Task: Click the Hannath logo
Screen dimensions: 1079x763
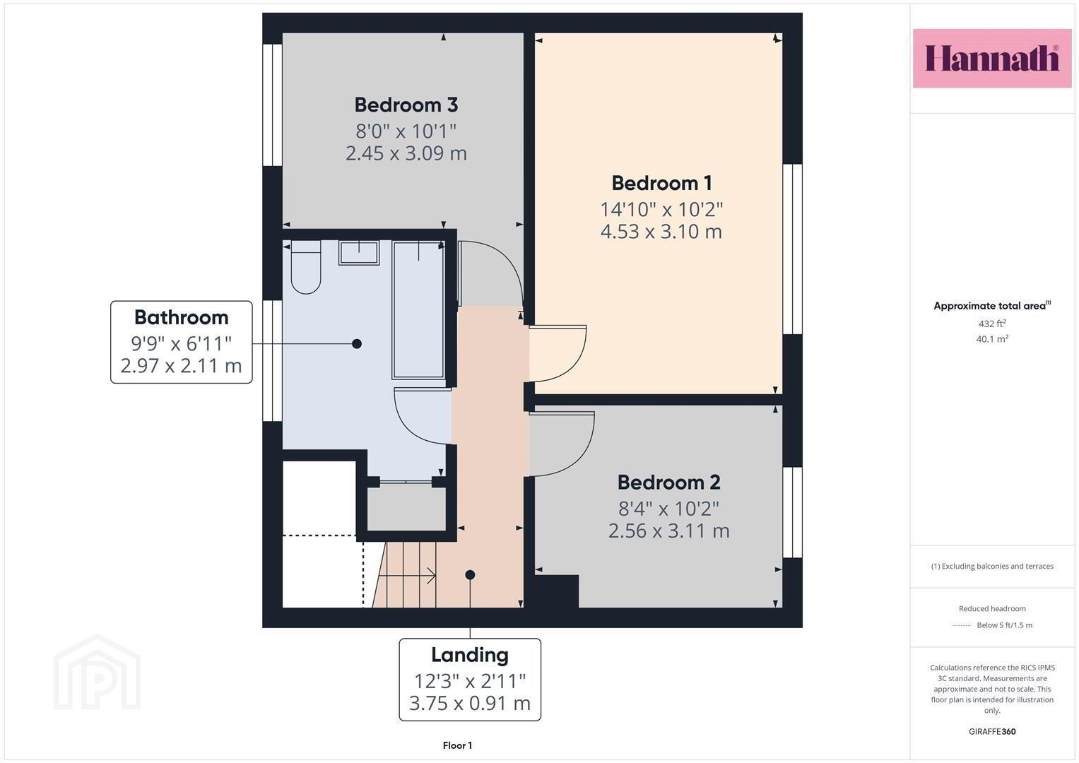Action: coord(992,58)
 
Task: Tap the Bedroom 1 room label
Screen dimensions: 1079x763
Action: coord(661,183)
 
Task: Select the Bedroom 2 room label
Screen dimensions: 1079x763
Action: coord(668,482)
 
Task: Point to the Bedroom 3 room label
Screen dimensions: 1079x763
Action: coord(406,105)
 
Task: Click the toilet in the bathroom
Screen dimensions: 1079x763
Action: coord(306,267)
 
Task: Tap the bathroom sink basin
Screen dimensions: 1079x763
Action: coord(359,252)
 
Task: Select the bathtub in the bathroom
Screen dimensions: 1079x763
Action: coord(418,309)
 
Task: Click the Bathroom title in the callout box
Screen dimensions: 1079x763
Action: coord(181,317)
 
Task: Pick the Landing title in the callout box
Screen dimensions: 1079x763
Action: coord(470,655)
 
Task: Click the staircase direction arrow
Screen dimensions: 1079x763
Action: coord(408,575)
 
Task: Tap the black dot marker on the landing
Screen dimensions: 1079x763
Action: coord(470,574)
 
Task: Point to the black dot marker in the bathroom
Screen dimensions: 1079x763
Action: coord(356,343)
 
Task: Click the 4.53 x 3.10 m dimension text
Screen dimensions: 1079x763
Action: coord(661,232)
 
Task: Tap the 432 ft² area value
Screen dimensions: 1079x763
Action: coord(992,324)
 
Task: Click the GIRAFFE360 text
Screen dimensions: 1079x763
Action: coord(992,731)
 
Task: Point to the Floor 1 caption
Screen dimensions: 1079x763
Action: coord(457,745)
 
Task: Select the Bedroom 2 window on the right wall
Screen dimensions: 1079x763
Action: coord(792,512)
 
